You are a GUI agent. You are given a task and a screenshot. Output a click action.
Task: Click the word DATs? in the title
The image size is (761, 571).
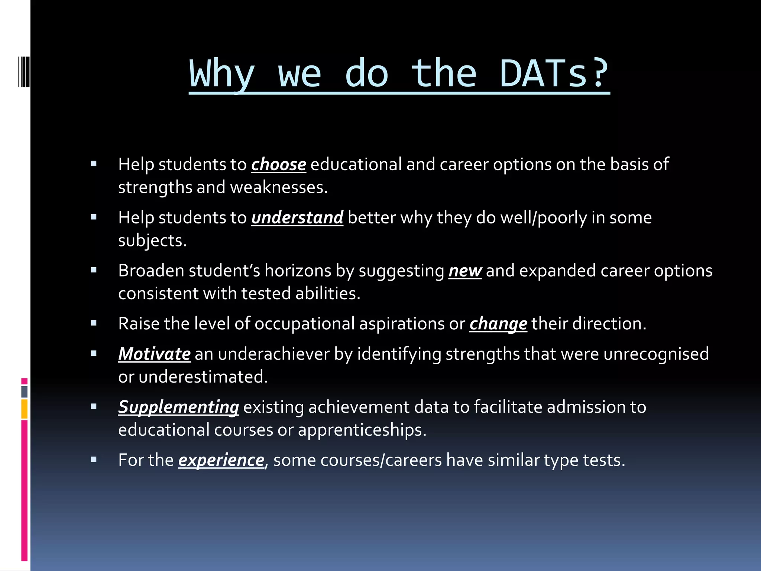tap(554, 73)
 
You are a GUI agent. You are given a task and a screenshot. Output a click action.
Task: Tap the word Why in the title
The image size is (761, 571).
tap(222, 73)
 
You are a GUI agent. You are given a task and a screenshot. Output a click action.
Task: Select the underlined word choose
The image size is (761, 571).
tap(279, 164)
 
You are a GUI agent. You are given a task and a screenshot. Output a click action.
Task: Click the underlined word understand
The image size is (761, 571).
tap(297, 217)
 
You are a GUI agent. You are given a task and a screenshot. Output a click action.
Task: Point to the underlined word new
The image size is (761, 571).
tap(465, 271)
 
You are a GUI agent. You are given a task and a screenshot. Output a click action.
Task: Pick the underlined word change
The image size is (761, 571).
tap(498, 324)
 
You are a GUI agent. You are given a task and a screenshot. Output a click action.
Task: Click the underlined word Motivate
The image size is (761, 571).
tap(155, 354)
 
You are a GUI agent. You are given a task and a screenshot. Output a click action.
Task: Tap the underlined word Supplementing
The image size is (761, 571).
tap(179, 407)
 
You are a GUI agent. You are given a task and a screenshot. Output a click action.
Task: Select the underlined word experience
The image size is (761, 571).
tap(221, 460)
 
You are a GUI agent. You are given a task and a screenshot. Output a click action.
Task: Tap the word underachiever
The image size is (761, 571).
tap(274, 354)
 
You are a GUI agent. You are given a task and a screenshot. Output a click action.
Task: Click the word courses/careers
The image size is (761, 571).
tap(381, 460)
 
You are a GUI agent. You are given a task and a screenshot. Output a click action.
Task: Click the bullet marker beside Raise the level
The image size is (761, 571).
tap(94, 323)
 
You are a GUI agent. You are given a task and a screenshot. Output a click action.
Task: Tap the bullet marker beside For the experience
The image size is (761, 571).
tap(94, 459)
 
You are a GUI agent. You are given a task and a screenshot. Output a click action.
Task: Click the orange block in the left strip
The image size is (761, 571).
tap(25, 409)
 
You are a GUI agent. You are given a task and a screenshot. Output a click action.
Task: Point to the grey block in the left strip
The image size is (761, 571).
tap(25, 391)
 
